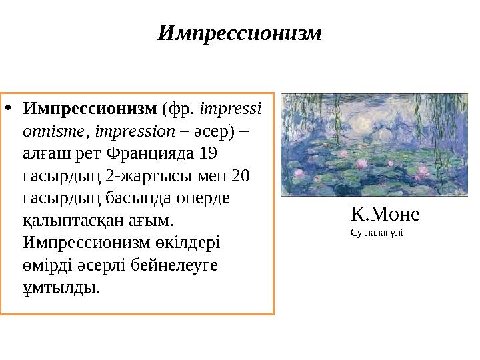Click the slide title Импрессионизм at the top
(x=239, y=33)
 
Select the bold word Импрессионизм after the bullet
(x=90, y=108)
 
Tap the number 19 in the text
(x=208, y=153)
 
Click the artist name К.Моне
(x=385, y=215)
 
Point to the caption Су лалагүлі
(x=376, y=233)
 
